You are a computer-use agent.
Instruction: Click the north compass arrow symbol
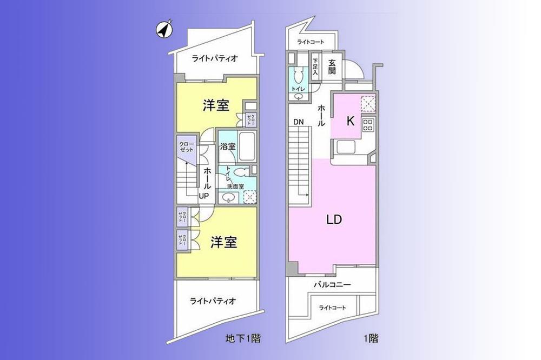164,30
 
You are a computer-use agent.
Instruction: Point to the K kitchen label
350,121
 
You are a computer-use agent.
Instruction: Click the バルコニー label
333,284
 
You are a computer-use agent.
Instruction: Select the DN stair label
298,122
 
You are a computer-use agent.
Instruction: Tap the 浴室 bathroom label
227,146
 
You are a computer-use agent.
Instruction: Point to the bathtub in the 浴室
247,145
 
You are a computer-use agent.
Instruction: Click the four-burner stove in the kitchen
368,125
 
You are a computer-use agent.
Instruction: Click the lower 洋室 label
223,242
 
